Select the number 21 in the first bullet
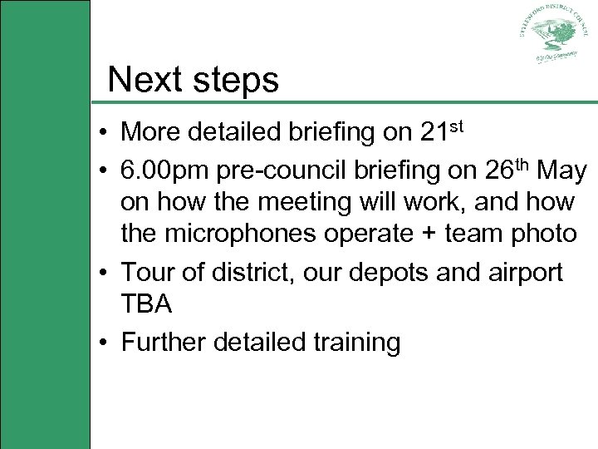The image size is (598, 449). tap(433, 132)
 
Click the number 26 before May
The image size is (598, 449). tap(490, 171)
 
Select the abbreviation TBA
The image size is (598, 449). tap(147, 304)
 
